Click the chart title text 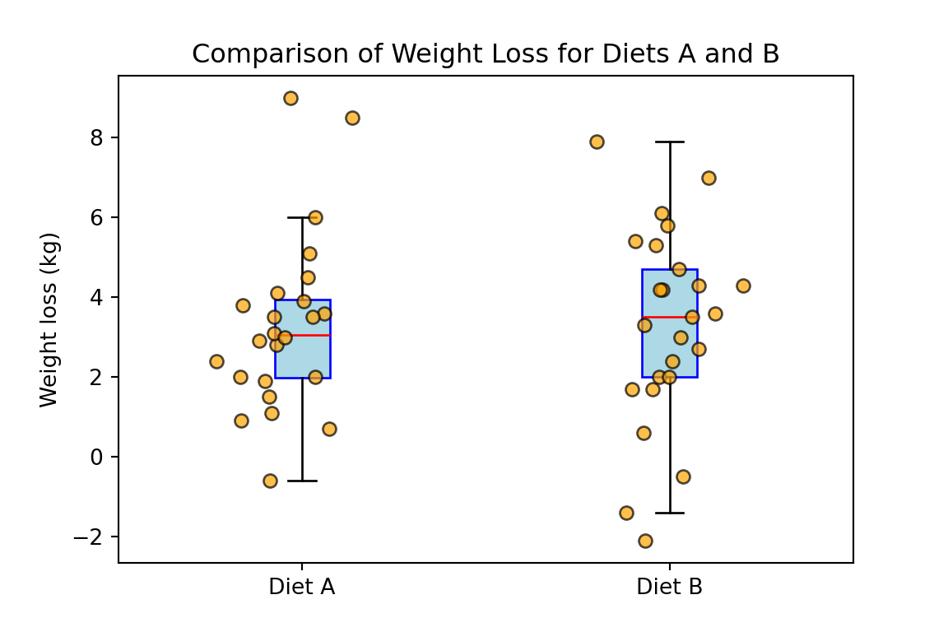tap(486, 54)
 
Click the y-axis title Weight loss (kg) tap(50, 319)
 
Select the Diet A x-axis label tap(302, 588)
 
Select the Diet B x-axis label tap(669, 588)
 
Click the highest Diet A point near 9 tap(290, 98)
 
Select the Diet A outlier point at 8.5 tap(352, 118)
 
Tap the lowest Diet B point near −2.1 tap(645, 541)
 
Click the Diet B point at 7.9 tap(597, 142)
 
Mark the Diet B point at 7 tap(709, 178)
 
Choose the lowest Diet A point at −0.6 tap(270, 481)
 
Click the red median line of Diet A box tap(317, 335)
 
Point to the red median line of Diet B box tap(658, 317)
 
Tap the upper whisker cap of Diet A tap(302, 217)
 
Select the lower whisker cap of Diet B tap(670, 513)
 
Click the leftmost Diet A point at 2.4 tap(216, 361)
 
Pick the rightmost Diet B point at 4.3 tap(743, 286)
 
